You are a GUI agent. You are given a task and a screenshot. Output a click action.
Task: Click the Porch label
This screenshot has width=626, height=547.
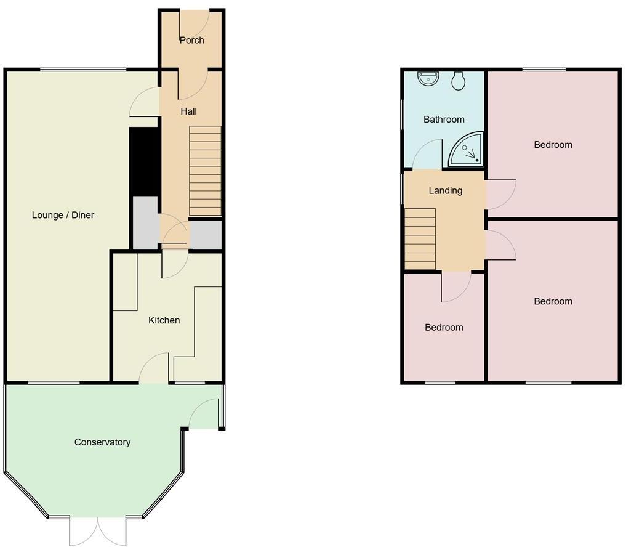(x=191, y=41)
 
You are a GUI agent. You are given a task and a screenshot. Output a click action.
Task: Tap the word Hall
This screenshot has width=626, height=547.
(x=188, y=111)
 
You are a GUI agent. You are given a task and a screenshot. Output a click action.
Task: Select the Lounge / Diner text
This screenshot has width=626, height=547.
(x=63, y=215)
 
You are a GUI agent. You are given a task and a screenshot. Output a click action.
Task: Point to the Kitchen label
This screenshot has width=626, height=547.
(x=164, y=320)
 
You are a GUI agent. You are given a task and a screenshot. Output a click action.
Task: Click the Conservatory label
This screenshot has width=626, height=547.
(x=102, y=442)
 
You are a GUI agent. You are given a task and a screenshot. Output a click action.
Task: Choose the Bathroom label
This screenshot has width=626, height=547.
(x=444, y=120)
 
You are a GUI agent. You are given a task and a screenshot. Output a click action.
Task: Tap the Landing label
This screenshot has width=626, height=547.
(x=445, y=190)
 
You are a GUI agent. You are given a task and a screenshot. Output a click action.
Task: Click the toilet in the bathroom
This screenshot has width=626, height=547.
(x=458, y=81)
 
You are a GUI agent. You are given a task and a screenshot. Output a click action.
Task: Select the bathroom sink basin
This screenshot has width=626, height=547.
(x=428, y=78)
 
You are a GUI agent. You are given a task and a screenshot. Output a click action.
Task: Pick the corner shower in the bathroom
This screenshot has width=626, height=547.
(x=466, y=150)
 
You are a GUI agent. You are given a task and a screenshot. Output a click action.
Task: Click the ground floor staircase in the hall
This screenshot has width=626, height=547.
(x=204, y=171)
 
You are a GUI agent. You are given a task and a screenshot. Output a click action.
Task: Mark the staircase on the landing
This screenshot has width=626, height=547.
(x=420, y=238)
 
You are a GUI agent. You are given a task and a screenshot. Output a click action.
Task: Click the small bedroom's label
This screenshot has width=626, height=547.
(x=444, y=328)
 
